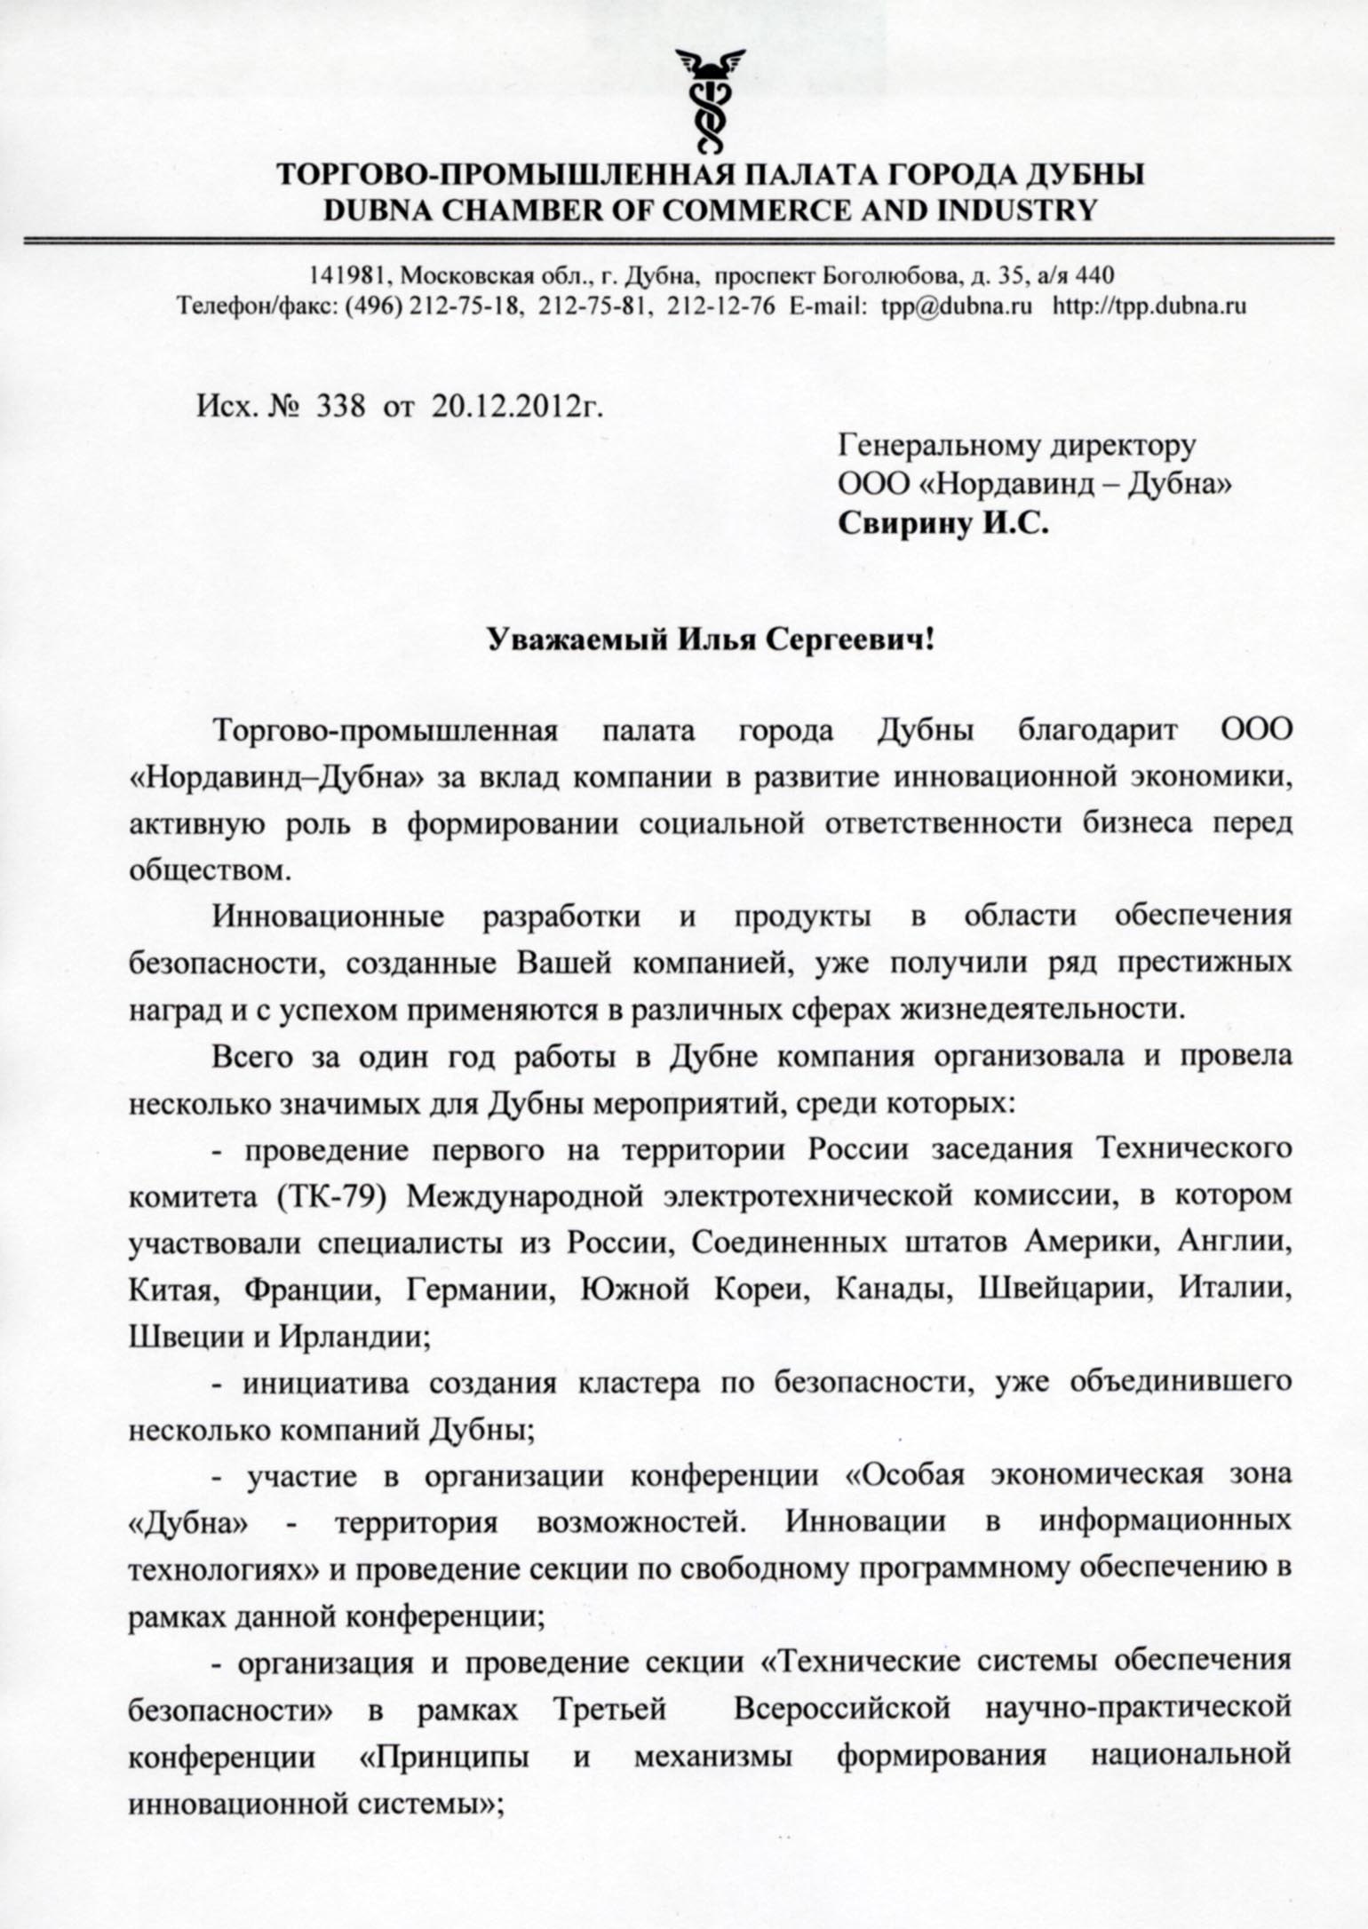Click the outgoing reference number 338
click(x=344, y=406)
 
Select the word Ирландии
click(x=354, y=1337)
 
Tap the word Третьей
click(x=610, y=1708)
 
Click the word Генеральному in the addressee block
click(x=933, y=444)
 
